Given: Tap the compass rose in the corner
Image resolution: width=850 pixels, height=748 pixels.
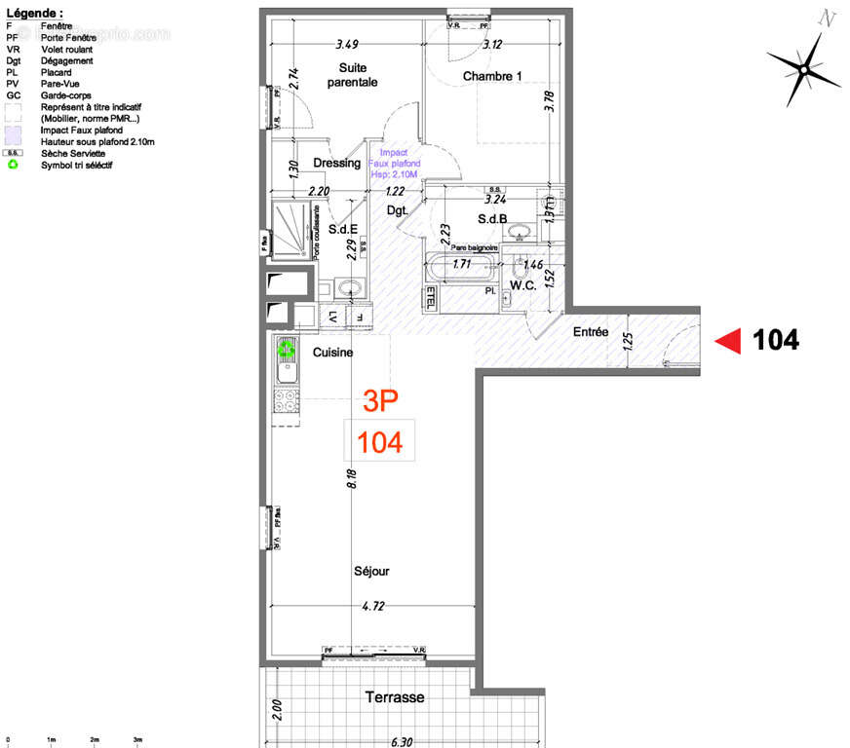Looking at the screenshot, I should click(803, 68).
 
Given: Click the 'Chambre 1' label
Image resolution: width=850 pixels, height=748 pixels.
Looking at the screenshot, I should click(492, 76).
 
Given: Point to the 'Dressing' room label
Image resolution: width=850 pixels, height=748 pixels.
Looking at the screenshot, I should click(336, 164).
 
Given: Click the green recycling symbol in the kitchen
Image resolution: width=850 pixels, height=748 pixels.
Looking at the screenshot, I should click(287, 348).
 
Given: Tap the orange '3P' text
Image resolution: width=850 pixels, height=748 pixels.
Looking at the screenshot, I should click(380, 399).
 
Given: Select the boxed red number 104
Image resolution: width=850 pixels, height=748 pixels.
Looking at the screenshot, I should click(380, 442).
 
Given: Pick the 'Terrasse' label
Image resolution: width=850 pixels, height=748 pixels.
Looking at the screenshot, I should click(395, 697).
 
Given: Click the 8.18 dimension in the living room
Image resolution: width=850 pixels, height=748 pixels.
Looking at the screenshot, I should click(352, 478).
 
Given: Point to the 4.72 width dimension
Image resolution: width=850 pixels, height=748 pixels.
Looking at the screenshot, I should click(372, 607).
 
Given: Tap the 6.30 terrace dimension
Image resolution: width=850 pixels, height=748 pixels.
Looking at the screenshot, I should click(400, 741).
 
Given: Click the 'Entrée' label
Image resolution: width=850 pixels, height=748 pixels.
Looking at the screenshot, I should click(590, 332).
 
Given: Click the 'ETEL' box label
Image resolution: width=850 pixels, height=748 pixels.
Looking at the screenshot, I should click(431, 297).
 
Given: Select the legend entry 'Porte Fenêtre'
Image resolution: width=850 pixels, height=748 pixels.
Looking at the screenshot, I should click(67, 37).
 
